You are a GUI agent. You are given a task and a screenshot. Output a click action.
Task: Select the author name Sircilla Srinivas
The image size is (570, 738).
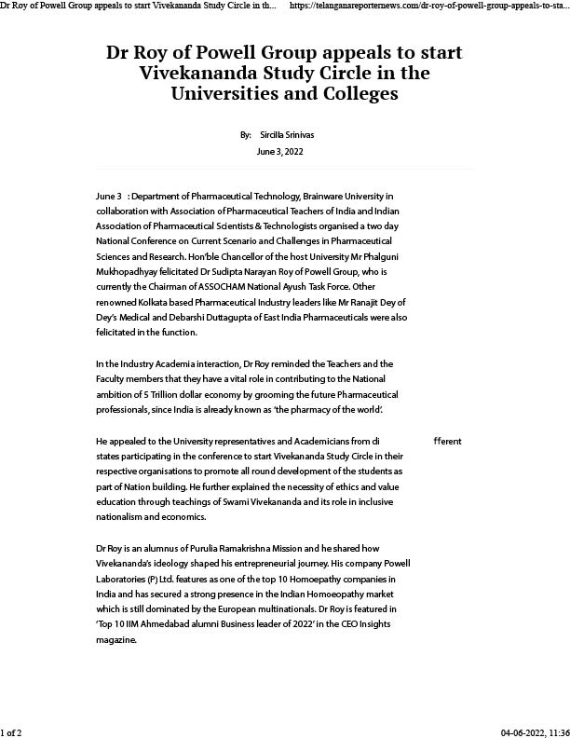(x=288, y=135)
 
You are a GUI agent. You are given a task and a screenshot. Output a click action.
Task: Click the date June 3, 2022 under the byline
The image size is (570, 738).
(x=279, y=151)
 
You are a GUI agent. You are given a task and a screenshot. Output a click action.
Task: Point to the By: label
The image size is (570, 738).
(x=246, y=135)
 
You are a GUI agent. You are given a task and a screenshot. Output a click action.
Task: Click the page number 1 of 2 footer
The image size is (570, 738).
(x=11, y=732)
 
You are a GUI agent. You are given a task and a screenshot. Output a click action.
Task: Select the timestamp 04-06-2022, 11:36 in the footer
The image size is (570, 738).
(x=535, y=732)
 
